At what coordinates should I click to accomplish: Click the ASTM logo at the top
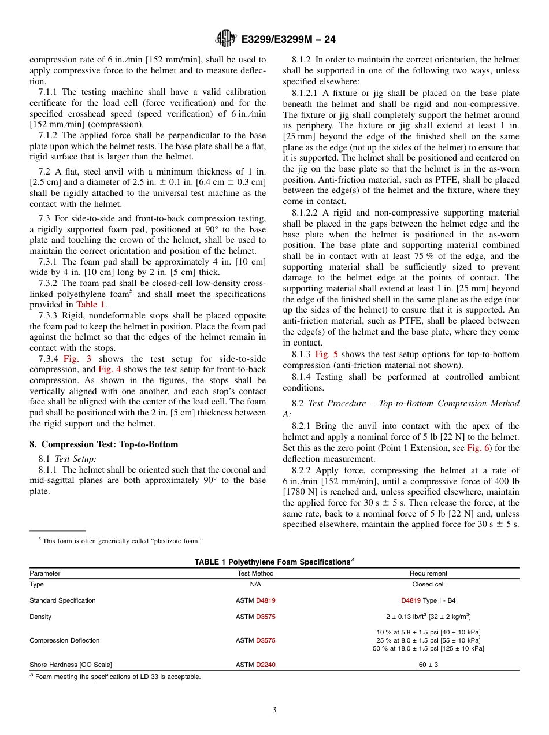(225, 39)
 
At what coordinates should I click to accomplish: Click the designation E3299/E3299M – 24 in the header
(288, 39)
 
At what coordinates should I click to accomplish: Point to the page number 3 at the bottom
(274, 710)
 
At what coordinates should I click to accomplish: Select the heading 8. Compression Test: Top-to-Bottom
(104, 444)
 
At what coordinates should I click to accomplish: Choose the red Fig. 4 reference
(109, 369)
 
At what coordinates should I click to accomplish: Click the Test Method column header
(255, 573)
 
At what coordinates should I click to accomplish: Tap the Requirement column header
(428, 573)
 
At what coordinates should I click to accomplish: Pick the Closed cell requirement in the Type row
(428, 584)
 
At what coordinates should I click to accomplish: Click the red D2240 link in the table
(266, 665)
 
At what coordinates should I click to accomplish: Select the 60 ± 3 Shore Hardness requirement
(428, 665)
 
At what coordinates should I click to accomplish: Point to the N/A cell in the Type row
(255, 584)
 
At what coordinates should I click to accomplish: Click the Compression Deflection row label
(65, 640)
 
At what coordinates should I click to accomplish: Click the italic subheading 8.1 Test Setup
(76, 459)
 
